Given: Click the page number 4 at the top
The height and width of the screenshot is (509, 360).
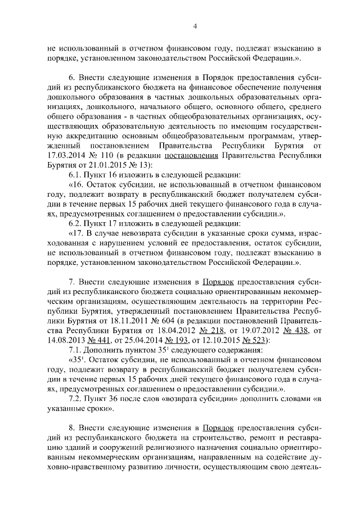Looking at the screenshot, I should pyautogui.click(x=194, y=26).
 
